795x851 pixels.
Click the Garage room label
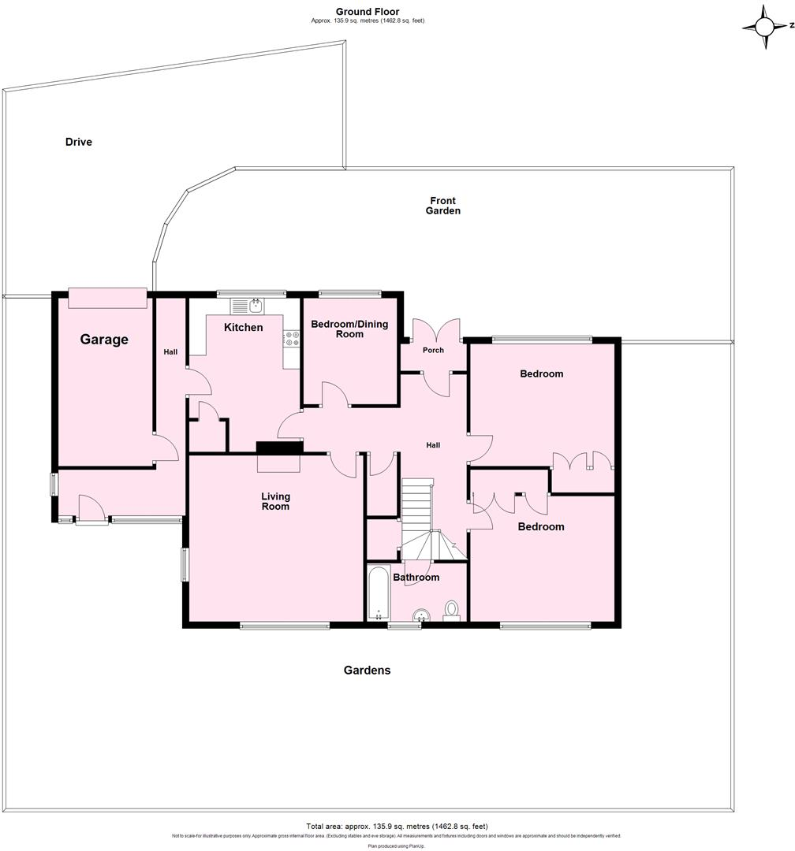pyautogui.click(x=104, y=340)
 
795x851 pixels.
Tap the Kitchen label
pyautogui.click(x=244, y=327)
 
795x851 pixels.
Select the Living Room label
pyautogui.click(x=276, y=501)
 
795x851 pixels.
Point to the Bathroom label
pyautogui.click(x=416, y=578)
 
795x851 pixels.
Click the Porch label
pyautogui.click(x=433, y=350)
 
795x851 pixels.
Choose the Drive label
pyautogui.click(x=79, y=143)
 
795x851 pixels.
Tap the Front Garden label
pyautogui.click(x=443, y=206)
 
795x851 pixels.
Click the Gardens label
pyautogui.click(x=367, y=671)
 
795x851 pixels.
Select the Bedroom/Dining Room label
pyautogui.click(x=349, y=329)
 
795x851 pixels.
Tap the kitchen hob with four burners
pyautogui.click(x=292, y=339)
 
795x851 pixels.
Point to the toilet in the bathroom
pyautogui.click(x=452, y=609)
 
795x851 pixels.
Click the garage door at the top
pyautogui.click(x=108, y=298)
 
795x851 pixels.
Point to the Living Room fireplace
pyautogui.click(x=279, y=448)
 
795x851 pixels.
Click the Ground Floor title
pyautogui.click(x=368, y=11)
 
